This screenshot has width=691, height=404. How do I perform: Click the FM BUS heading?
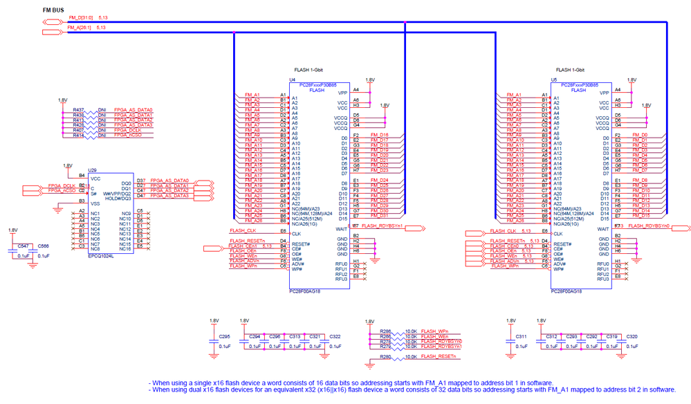pyautogui.click(x=55, y=10)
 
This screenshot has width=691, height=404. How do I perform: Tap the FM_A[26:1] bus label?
pyautogui.click(x=78, y=28)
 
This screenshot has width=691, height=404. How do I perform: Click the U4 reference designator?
pyautogui.click(x=292, y=80)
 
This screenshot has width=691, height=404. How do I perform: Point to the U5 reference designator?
pyautogui.click(x=553, y=80)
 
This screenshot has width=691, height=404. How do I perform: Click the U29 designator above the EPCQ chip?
pyautogui.click(x=92, y=169)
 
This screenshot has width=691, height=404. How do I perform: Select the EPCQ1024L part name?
pyautogui.click(x=102, y=255)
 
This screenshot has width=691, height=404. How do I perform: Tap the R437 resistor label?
pyautogui.click(x=78, y=110)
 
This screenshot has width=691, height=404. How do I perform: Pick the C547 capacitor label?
pyautogui.click(x=23, y=246)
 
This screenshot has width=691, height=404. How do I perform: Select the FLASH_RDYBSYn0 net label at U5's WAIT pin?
pyautogui.click(x=649, y=226)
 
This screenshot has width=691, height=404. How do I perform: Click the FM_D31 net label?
pyautogui.click(x=379, y=216)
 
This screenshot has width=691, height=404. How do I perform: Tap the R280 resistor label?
pyautogui.click(x=385, y=356)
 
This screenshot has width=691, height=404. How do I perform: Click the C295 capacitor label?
pyautogui.click(x=224, y=336)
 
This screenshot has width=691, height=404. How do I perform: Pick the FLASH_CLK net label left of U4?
pyautogui.click(x=242, y=230)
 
